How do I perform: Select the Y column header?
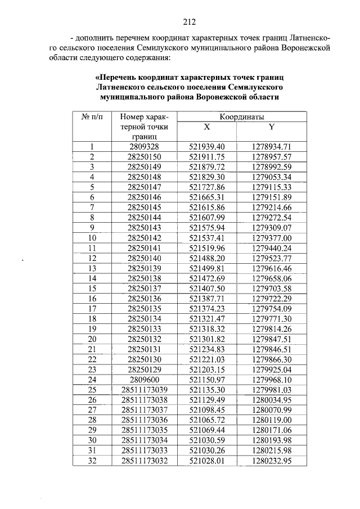click(x=271, y=127)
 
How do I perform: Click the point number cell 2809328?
click(x=144, y=147)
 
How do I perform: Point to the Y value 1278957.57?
click(x=272, y=157)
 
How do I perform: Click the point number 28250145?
click(x=144, y=208)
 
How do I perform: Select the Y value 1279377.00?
click(x=272, y=237)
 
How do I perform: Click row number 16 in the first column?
click(x=91, y=298)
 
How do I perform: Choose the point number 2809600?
click(x=144, y=379)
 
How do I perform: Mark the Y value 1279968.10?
click(x=272, y=379)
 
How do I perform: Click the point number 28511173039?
click(x=144, y=389)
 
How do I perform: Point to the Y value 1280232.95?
click(x=272, y=460)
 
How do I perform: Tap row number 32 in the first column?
click(x=91, y=460)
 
